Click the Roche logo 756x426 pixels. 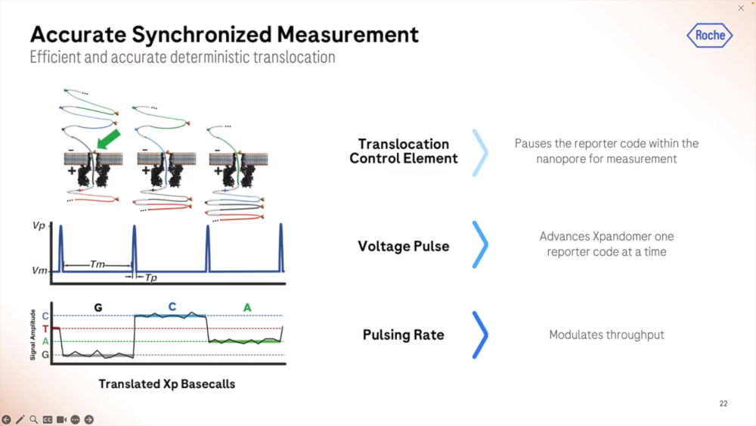(710, 36)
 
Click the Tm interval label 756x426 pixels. (98, 264)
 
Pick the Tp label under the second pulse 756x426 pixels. (151, 278)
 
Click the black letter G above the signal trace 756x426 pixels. (98, 307)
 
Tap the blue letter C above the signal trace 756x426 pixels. (172, 306)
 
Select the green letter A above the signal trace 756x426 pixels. (246, 307)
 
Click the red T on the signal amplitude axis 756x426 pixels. (45, 328)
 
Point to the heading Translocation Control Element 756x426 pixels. (404, 151)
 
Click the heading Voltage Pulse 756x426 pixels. (404, 246)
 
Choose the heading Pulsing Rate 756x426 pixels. (404, 334)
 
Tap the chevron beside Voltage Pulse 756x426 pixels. (479, 244)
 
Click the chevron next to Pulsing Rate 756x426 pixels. (479, 334)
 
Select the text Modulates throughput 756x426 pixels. (606, 334)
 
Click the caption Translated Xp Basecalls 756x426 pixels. (167, 384)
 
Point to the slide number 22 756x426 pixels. (723, 404)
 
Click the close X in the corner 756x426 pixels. (741, 8)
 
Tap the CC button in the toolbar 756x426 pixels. (48, 419)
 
